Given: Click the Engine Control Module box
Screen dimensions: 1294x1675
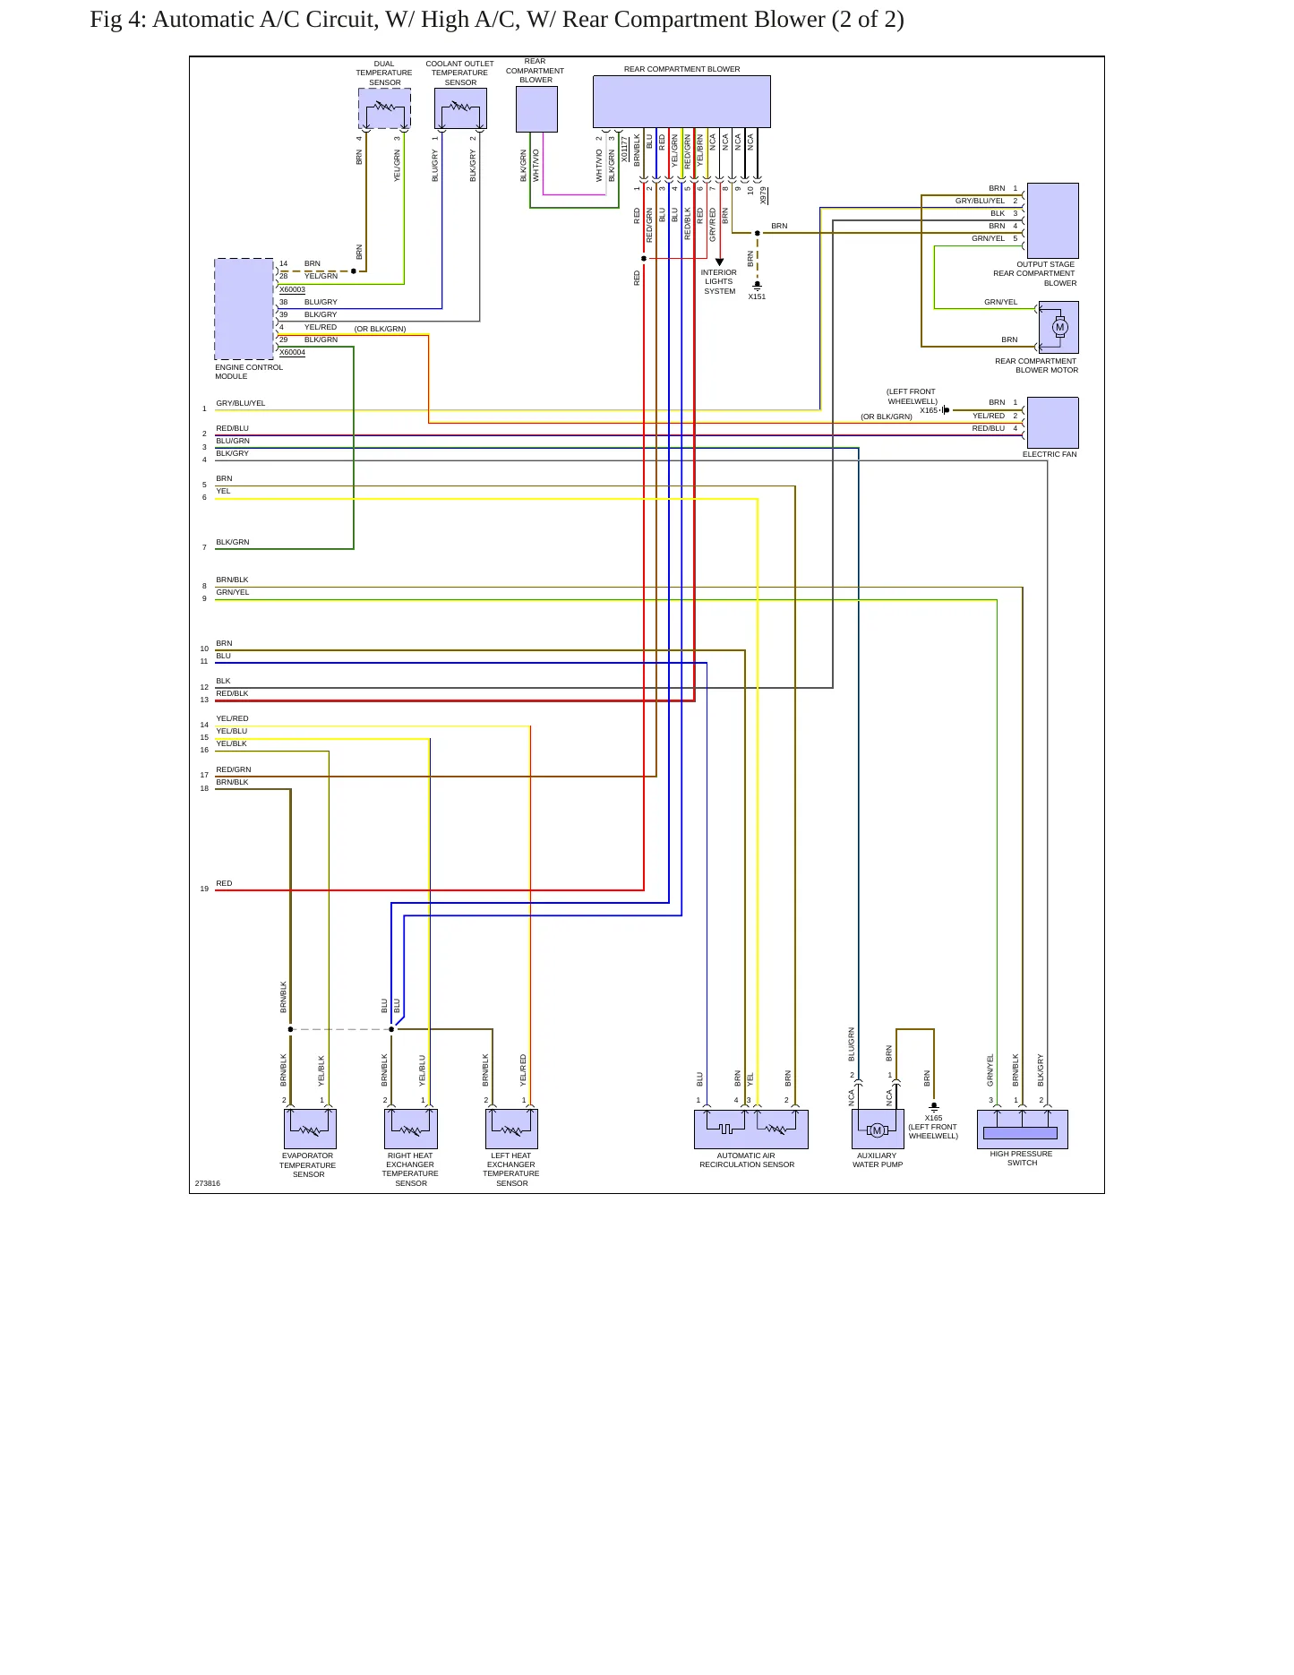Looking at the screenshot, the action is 244,309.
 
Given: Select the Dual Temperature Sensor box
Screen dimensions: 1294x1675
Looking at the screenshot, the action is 384,108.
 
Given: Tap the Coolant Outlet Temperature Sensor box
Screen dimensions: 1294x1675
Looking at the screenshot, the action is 460,108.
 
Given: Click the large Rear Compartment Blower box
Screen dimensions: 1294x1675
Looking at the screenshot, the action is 681,101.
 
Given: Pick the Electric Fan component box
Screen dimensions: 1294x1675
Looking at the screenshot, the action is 1052,423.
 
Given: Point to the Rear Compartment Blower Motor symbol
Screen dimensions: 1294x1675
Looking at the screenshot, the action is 1058,327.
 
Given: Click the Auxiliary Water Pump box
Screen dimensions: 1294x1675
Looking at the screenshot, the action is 878,1130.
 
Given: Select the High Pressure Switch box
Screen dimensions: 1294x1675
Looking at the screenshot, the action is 1022,1130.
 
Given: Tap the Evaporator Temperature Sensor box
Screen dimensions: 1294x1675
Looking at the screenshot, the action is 310,1130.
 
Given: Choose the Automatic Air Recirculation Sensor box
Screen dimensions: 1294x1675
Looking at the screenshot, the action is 750,1130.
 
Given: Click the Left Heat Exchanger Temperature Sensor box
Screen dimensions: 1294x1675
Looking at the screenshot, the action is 511,1130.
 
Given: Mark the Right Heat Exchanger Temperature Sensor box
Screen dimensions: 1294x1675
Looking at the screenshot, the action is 411,1130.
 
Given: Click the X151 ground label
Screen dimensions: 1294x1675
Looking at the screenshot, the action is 757,296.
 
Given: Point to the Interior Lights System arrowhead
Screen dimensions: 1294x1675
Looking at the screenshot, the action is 719,262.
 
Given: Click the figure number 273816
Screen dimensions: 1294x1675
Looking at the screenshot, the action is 208,1183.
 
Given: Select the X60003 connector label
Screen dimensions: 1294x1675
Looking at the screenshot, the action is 292,289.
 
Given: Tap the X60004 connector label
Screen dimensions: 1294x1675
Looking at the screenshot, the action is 292,352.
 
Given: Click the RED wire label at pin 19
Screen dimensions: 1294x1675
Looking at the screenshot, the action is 224,883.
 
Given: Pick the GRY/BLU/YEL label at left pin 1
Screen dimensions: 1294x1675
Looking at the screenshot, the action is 241,403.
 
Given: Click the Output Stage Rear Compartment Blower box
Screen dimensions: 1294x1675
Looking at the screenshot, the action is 1052,220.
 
